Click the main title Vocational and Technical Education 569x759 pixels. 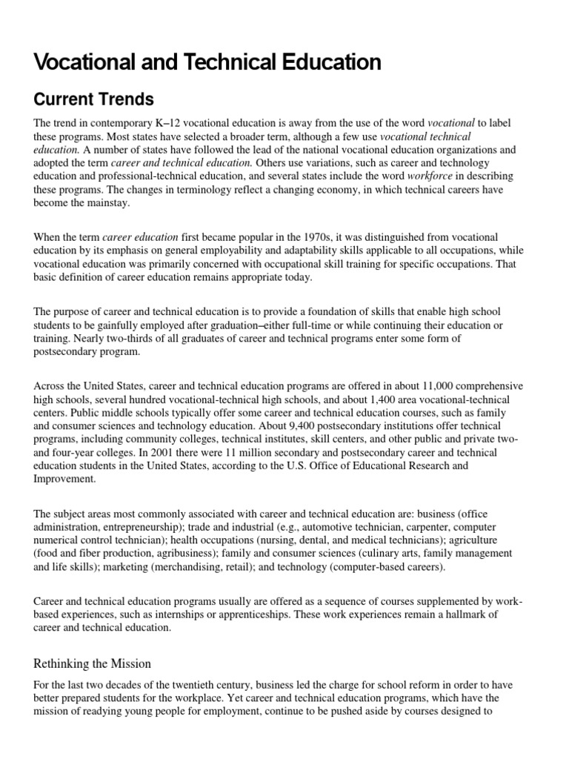207,62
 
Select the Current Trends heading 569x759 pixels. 94,99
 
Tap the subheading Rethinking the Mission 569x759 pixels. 93,663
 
